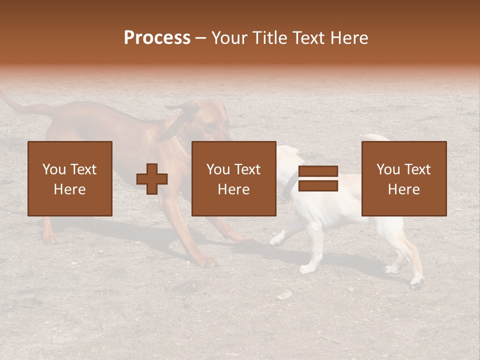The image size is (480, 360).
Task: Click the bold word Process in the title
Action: (157, 38)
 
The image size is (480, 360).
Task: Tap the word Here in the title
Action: (350, 38)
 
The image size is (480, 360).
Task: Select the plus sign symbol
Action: (152, 179)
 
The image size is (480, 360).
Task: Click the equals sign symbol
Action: (318, 178)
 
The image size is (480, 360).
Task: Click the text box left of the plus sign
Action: (69, 178)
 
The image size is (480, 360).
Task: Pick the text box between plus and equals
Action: (233, 178)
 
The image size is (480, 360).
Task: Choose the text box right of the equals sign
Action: (403, 178)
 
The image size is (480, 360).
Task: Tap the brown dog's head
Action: (210, 122)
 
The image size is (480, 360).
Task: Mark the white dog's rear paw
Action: (416, 283)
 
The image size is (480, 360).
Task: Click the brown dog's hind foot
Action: (49, 238)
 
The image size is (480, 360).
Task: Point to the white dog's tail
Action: (375, 137)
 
